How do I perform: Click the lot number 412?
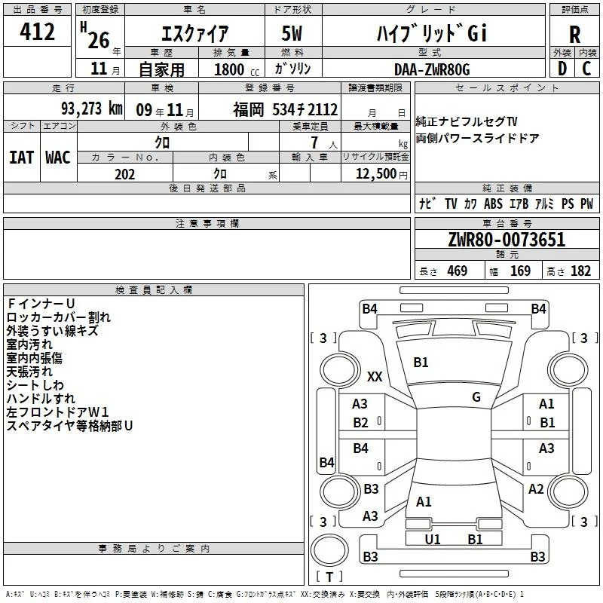point(37,31)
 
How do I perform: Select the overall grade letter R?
point(574,34)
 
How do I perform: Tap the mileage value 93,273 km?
point(92,109)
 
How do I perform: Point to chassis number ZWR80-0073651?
point(507,239)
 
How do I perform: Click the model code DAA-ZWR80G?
point(432,69)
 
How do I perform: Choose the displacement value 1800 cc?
point(237,69)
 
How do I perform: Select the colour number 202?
point(124,174)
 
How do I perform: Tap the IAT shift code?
point(22,158)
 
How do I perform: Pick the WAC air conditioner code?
point(58,158)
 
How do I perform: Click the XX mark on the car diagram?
point(375,376)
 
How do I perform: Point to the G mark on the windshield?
point(476,397)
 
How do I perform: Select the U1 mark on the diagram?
point(432,539)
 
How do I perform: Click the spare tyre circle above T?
point(329,550)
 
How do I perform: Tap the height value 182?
point(580,271)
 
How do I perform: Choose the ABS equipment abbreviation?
point(493,204)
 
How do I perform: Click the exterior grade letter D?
point(562,69)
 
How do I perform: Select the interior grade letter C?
point(586,69)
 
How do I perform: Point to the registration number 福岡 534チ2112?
point(286,109)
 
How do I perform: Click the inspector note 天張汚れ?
point(29,372)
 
